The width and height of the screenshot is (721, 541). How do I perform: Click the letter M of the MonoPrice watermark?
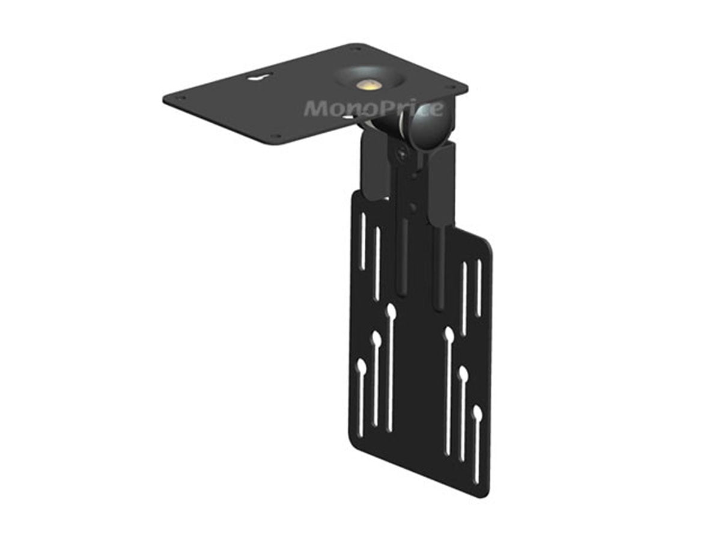317,109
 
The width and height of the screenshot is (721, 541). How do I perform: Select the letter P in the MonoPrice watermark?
386,109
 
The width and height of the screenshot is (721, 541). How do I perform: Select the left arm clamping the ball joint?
373,165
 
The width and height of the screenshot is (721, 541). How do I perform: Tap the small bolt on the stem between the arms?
410,207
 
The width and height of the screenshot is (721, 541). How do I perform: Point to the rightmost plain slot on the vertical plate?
479,287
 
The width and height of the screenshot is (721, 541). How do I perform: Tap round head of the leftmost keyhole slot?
361,365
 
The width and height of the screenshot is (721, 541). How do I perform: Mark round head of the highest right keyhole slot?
448,333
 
